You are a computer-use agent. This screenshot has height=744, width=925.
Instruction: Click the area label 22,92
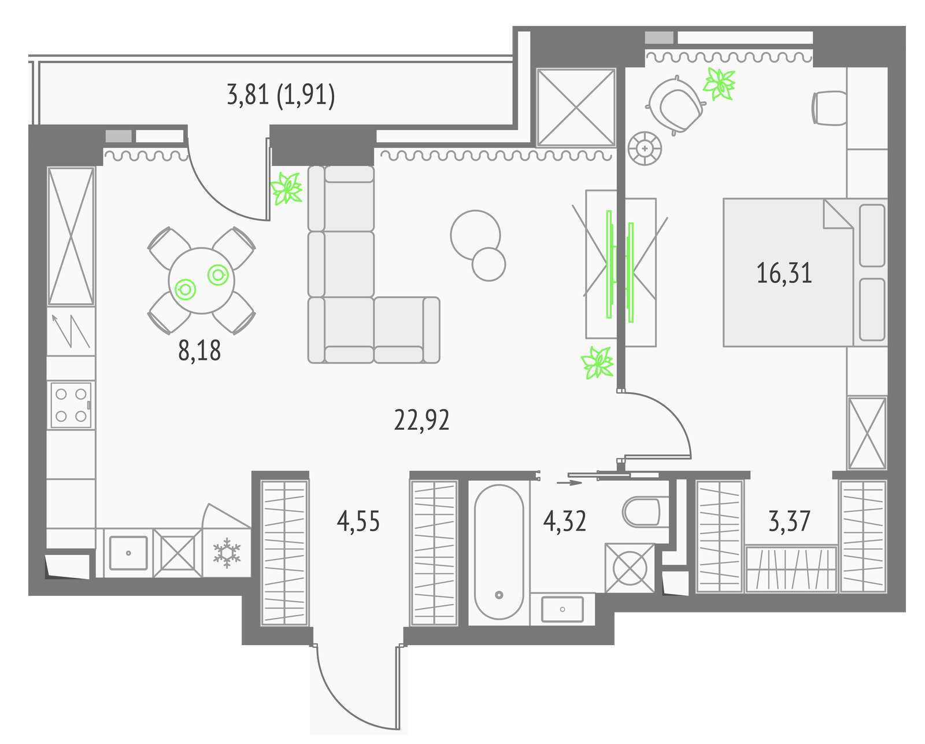pos(421,421)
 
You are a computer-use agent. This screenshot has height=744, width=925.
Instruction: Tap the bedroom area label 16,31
pos(784,273)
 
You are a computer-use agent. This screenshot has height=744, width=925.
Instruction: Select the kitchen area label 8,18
pos(199,350)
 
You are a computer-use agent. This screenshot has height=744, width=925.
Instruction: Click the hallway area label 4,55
pos(358,521)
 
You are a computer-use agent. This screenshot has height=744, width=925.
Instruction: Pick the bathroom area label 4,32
pos(564,521)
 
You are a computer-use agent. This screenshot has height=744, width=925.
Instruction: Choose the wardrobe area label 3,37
pos(789,521)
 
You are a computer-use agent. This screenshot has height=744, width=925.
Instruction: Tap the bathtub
pos(498,552)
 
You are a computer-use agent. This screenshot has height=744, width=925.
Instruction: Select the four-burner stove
pos(71,405)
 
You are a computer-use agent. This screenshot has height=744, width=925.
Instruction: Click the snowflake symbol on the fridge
pos(227,553)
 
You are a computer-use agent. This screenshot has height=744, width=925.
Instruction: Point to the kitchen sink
pos(128,553)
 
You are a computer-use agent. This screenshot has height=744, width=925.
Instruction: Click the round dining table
pos(201,281)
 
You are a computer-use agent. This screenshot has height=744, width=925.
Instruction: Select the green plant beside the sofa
pos(286,188)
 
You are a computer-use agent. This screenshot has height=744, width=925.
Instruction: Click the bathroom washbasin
pos(562,609)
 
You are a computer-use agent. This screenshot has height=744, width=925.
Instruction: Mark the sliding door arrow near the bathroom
pos(569,483)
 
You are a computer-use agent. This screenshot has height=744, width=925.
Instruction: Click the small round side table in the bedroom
pos(644,149)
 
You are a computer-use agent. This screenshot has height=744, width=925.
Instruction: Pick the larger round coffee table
pos(475,235)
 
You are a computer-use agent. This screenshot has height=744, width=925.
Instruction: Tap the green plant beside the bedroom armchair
pos(719,84)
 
